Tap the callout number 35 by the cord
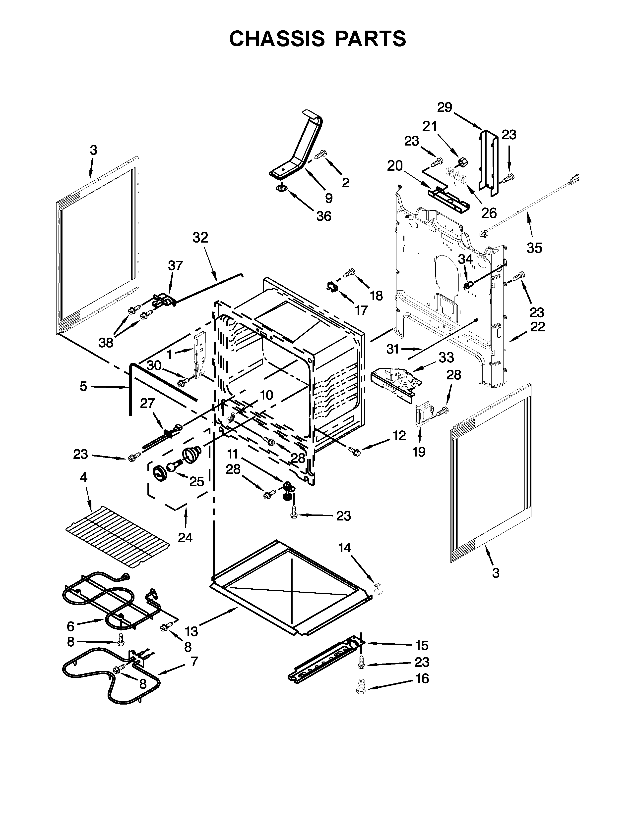click(x=534, y=248)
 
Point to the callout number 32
click(x=200, y=238)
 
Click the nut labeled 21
click(x=462, y=162)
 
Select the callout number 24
click(x=185, y=538)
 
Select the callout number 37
click(x=175, y=265)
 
